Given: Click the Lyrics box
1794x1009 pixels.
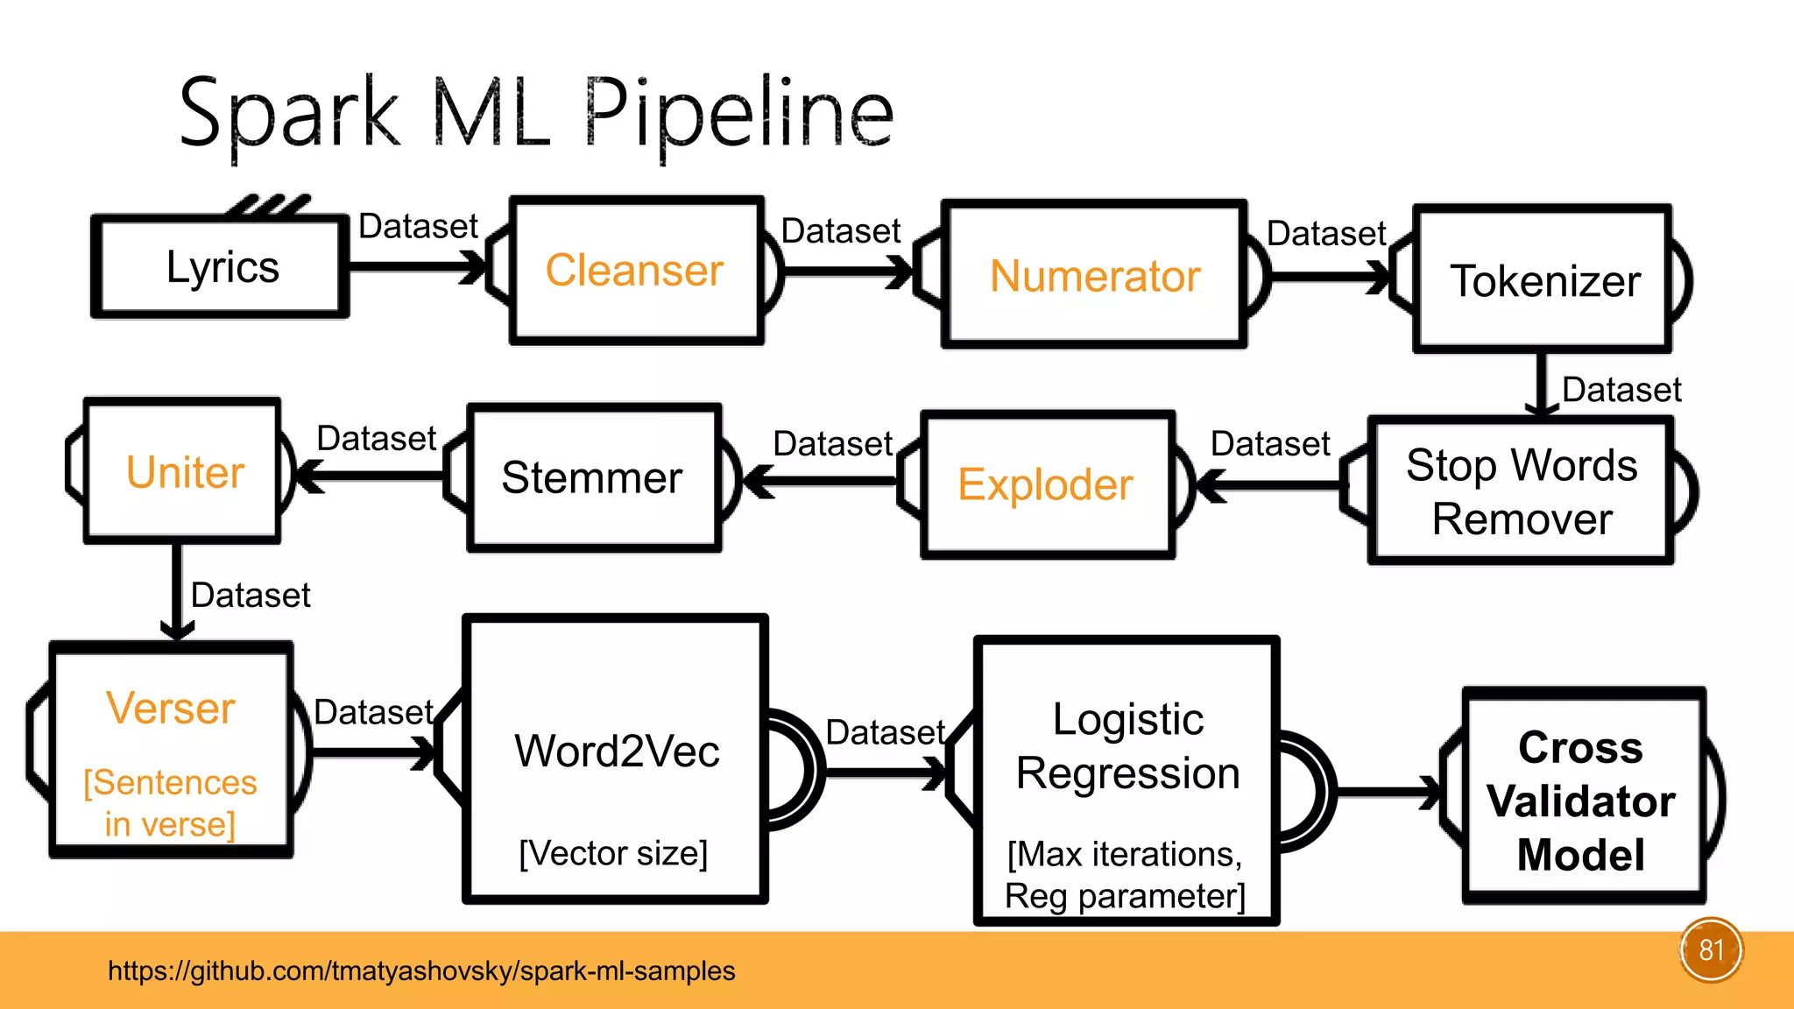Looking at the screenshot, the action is [x=221, y=266].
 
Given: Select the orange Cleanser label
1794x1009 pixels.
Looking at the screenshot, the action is [x=634, y=270].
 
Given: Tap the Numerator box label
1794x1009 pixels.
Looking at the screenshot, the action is [x=1095, y=276].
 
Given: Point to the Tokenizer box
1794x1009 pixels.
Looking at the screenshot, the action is [x=1543, y=279].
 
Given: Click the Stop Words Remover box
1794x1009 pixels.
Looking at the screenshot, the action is [x=1522, y=490].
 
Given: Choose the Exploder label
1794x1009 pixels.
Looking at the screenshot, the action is [x=1045, y=484].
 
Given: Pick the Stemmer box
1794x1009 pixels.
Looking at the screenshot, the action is [x=595, y=478].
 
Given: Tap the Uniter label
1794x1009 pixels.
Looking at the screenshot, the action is [x=185, y=472].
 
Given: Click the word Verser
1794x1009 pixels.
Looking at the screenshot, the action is [x=171, y=708].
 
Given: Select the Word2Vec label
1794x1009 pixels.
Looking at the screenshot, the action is [x=617, y=751].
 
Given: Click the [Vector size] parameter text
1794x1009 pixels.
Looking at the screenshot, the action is [x=613, y=853].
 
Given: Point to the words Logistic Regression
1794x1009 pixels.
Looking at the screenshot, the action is [x=1128, y=746].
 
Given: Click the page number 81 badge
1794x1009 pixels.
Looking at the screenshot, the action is [x=1711, y=950].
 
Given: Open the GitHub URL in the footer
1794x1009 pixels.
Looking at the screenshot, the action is [x=421, y=970].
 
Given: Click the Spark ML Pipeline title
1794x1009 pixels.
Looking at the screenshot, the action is [x=536, y=115].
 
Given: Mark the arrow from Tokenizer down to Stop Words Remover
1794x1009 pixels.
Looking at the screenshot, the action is [x=1542, y=385].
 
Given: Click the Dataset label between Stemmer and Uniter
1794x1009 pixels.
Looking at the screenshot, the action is [x=376, y=438].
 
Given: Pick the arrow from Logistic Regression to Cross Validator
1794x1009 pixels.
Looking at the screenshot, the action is [x=1388, y=793].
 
